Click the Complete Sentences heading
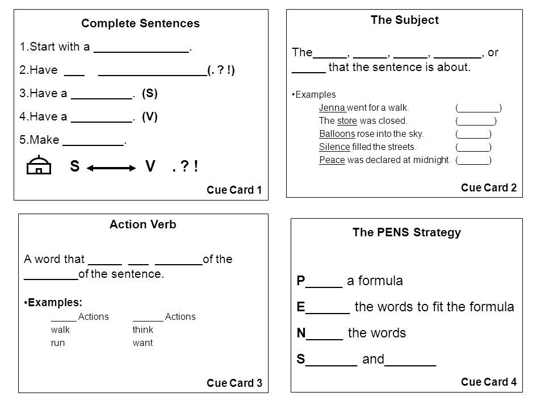click(x=140, y=23)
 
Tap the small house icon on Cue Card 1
click(x=39, y=165)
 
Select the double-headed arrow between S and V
click(x=111, y=168)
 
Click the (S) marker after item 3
click(x=150, y=93)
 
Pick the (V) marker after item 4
click(x=150, y=116)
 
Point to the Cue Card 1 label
click(x=234, y=190)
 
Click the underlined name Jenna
click(x=332, y=107)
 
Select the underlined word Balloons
click(x=337, y=133)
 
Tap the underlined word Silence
click(x=334, y=147)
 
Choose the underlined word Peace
click(x=332, y=160)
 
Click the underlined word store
click(x=347, y=120)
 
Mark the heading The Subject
click(x=405, y=20)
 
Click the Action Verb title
click(x=143, y=224)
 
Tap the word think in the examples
click(x=143, y=329)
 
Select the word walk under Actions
click(x=61, y=329)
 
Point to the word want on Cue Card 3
click(x=142, y=343)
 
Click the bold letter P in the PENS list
click(x=301, y=280)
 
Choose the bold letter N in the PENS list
click(x=301, y=333)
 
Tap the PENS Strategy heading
click(x=406, y=232)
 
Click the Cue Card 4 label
click(x=489, y=382)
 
